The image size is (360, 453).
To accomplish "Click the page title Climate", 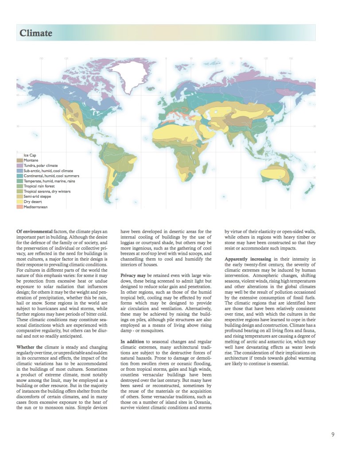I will [x=36, y=33].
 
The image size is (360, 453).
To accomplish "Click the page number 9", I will [x=333, y=434].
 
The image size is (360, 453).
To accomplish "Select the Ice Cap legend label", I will [x=30, y=155].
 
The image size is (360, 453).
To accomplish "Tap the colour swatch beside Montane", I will [x=19, y=160].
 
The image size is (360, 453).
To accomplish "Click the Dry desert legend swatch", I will [x=19, y=202].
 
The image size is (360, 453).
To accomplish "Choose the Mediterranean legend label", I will [x=35, y=207].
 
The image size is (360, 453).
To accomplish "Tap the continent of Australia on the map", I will [x=278, y=173].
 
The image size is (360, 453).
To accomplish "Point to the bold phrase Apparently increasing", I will [x=248, y=258].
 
